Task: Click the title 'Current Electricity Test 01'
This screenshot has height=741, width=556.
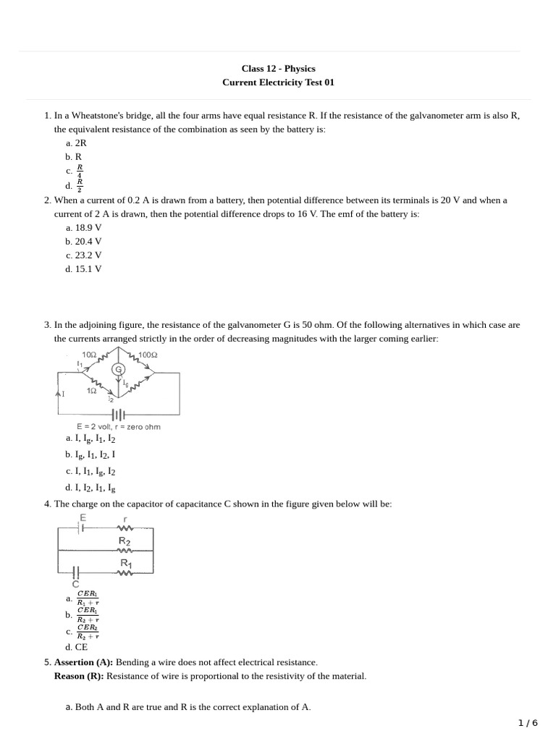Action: [x=278, y=82]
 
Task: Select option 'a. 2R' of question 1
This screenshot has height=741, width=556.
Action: [x=76, y=143]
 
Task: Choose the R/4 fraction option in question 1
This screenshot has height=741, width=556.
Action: [x=76, y=171]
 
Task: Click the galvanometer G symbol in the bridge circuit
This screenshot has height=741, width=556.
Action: [x=119, y=370]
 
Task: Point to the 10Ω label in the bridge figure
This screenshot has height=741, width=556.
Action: [x=90, y=355]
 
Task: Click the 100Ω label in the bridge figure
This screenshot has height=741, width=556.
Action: [x=148, y=355]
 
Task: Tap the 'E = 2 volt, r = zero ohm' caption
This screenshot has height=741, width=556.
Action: [x=118, y=427]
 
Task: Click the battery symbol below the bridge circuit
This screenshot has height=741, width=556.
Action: [x=118, y=415]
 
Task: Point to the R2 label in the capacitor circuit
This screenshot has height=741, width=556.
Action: [x=125, y=541]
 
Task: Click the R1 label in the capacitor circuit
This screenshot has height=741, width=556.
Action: [x=125, y=563]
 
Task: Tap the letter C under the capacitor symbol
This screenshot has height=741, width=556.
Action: [x=75, y=583]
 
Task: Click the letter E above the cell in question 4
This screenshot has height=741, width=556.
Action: [x=83, y=518]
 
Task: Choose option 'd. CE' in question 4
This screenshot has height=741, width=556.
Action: [x=76, y=647]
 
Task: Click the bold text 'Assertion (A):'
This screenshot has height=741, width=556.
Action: [x=83, y=662]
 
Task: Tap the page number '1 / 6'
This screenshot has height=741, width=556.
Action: [x=528, y=723]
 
